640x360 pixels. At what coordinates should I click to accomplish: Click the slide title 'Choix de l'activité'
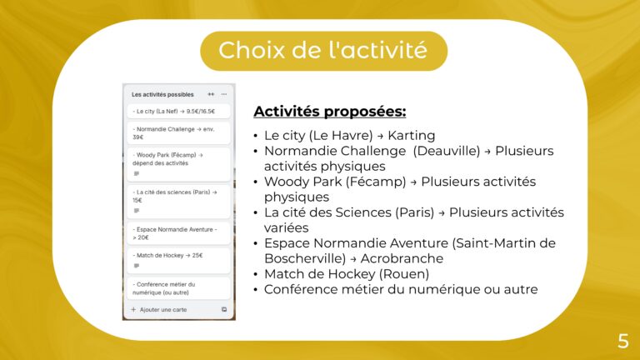[322, 50]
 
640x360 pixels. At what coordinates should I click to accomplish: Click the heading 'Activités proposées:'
[329, 112]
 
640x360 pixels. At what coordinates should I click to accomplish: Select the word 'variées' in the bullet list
[286, 227]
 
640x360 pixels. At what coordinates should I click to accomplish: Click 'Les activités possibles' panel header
[162, 94]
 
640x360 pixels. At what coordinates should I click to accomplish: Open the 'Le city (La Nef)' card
[177, 111]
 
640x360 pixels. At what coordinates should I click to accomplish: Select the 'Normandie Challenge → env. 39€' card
[177, 132]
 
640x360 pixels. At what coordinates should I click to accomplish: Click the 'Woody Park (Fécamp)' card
[177, 164]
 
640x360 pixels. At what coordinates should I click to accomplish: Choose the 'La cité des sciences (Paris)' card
[177, 201]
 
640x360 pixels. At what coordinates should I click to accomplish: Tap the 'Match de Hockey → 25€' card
[177, 260]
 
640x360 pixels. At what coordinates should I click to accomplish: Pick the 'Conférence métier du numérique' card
[177, 288]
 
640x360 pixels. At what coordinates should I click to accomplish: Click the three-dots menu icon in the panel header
[223, 94]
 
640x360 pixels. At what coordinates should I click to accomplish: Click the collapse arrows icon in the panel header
[211, 94]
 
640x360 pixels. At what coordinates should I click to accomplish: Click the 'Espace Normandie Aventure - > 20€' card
[177, 232]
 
